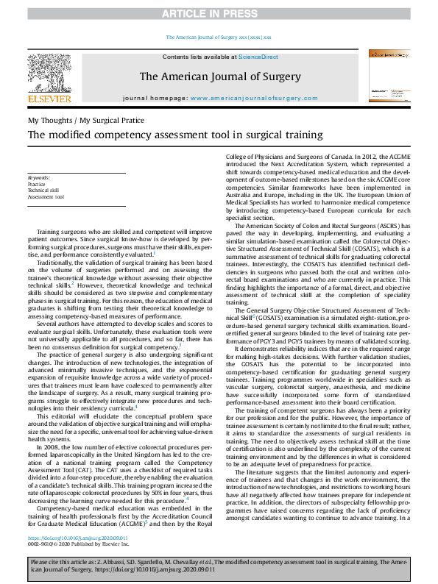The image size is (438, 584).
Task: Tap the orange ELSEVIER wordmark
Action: coord(49,98)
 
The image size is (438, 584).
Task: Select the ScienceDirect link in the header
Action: coord(257,57)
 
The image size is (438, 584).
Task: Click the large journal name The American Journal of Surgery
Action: coord(219,76)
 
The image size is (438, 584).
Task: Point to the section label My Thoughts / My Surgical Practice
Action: coord(86,119)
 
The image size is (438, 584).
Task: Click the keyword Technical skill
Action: coord(45,190)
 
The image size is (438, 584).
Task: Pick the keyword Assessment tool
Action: coord(46,197)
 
